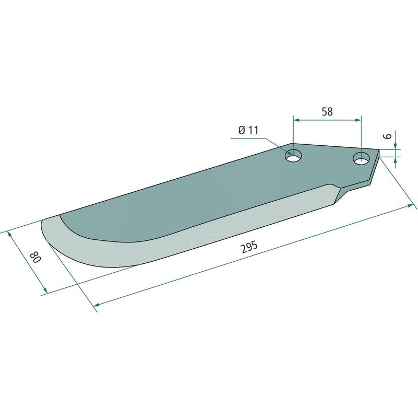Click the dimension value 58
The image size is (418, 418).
327,111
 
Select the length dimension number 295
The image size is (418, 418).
249,249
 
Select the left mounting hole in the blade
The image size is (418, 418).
294,156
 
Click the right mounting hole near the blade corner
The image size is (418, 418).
360,158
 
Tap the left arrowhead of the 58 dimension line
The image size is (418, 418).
296,120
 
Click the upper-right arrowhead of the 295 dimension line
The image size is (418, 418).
409,207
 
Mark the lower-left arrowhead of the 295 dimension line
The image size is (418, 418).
96,304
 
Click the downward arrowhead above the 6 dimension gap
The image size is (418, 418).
395,146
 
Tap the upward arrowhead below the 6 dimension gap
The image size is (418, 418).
395,159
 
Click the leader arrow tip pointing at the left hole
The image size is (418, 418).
287,154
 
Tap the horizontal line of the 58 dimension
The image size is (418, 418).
327,120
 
